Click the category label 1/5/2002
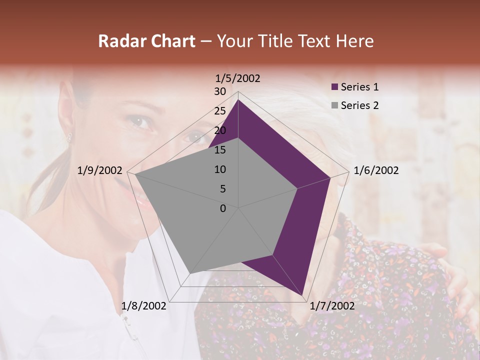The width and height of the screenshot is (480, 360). pyautogui.click(x=238, y=78)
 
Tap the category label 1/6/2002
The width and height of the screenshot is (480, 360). pyautogui.click(x=376, y=170)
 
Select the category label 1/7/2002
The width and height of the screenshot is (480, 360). pyautogui.click(x=332, y=306)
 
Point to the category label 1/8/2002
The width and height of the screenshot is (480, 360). pyautogui.click(x=144, y=306)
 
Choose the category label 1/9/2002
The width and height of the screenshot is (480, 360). pyautogui.click(x=100, y=170)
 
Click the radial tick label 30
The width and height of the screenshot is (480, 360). pyautogui.click(x=220, y=91)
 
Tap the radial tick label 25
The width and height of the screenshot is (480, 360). pyautogui.click(x=220, y=111)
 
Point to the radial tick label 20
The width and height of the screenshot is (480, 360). pyautogui.click(x=220, y=130)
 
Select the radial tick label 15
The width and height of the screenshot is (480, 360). pyautogui.click(x=220, y=150)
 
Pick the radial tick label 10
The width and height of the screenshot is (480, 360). pyautogui.click(x=220, y=169)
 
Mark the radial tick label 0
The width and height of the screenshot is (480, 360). pyautogui.click(x=223, y=208)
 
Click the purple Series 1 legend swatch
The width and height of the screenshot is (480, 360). pyautogui.click(x=335, y=87)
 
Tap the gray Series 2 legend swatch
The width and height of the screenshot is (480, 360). pyautogui.click(x=335, y=105)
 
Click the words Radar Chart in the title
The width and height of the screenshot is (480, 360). pyautogui.click(x=146, y=41)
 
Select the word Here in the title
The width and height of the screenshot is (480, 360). pyautogui.click(x=354, y=41)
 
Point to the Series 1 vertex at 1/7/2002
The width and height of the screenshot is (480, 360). pyautogui.click(x=303, y=294)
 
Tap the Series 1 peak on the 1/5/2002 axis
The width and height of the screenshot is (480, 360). pyautogui.click(x=238, y=100)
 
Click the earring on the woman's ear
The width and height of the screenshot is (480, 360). pyautogui.click(x=69, y=136)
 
